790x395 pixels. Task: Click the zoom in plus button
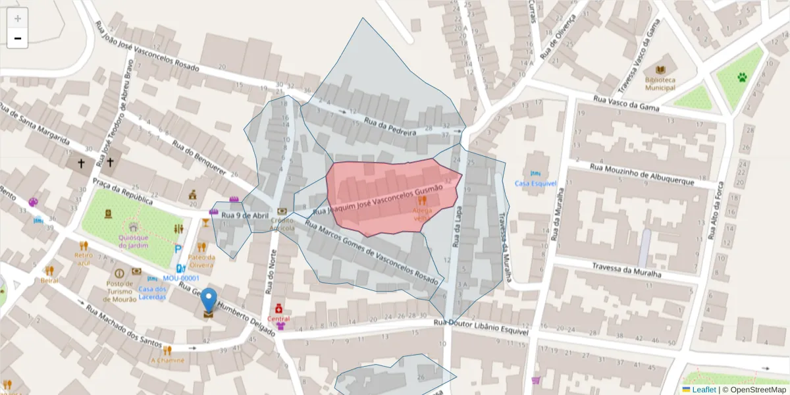tap(18, 18)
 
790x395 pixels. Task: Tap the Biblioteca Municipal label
tap(660, 83)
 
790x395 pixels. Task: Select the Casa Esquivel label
tap(536, 183)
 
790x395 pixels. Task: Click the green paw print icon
tap(743, 78)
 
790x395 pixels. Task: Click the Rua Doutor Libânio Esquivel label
tap(481, 325)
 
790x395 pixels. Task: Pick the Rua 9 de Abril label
tap(245, 215)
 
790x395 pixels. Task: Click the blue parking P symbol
tap(179, 250)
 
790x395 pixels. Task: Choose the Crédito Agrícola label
tap(282, 224)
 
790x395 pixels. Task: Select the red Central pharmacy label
tap(279, 319)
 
